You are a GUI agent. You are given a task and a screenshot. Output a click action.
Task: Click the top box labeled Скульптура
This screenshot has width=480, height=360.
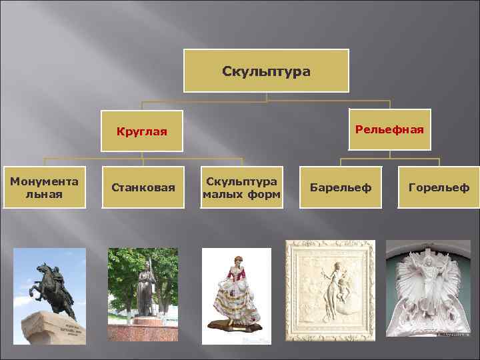(266, 71)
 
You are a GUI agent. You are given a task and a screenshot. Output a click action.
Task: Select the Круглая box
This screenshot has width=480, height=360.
(141, 131)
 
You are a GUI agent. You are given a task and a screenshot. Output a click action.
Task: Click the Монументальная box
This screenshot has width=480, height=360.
(44, 187)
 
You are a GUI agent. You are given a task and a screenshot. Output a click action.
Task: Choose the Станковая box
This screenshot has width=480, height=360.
(143, 188)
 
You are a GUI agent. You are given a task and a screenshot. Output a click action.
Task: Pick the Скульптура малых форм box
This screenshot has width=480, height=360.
(241, 187)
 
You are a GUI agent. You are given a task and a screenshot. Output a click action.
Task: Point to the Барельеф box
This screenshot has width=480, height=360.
(341, 188)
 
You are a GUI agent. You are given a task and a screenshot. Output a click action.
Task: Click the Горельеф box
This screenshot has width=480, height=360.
(439, 188)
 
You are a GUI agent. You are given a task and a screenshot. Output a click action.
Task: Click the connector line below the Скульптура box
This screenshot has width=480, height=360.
(266, 97)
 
